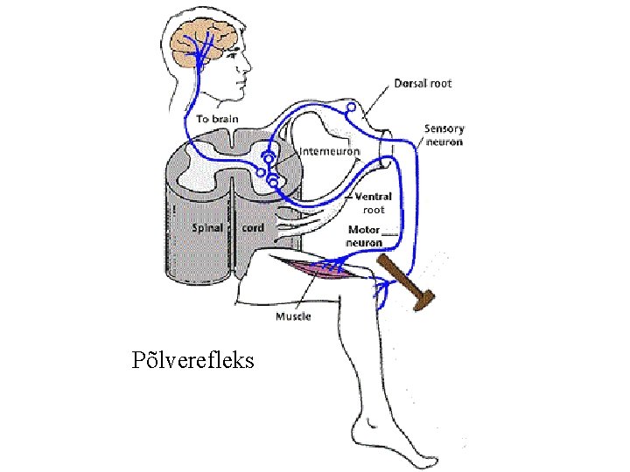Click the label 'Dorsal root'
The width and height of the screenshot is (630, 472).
click(423, 84)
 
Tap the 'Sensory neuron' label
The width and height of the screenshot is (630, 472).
click(444, 135)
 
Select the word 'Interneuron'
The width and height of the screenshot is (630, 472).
click(330, 151)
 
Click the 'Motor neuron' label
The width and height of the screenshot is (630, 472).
click(367, 236)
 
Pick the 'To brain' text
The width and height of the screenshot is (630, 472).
click(216, 119)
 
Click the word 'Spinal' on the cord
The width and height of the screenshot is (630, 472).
click(207, 227)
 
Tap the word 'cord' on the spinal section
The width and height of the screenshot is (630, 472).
click(252, 227)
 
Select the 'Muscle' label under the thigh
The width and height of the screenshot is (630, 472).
click(293, 316)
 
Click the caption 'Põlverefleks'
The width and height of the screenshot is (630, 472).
click(192, 359)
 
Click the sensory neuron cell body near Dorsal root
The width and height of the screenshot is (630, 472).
click(351, 108)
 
